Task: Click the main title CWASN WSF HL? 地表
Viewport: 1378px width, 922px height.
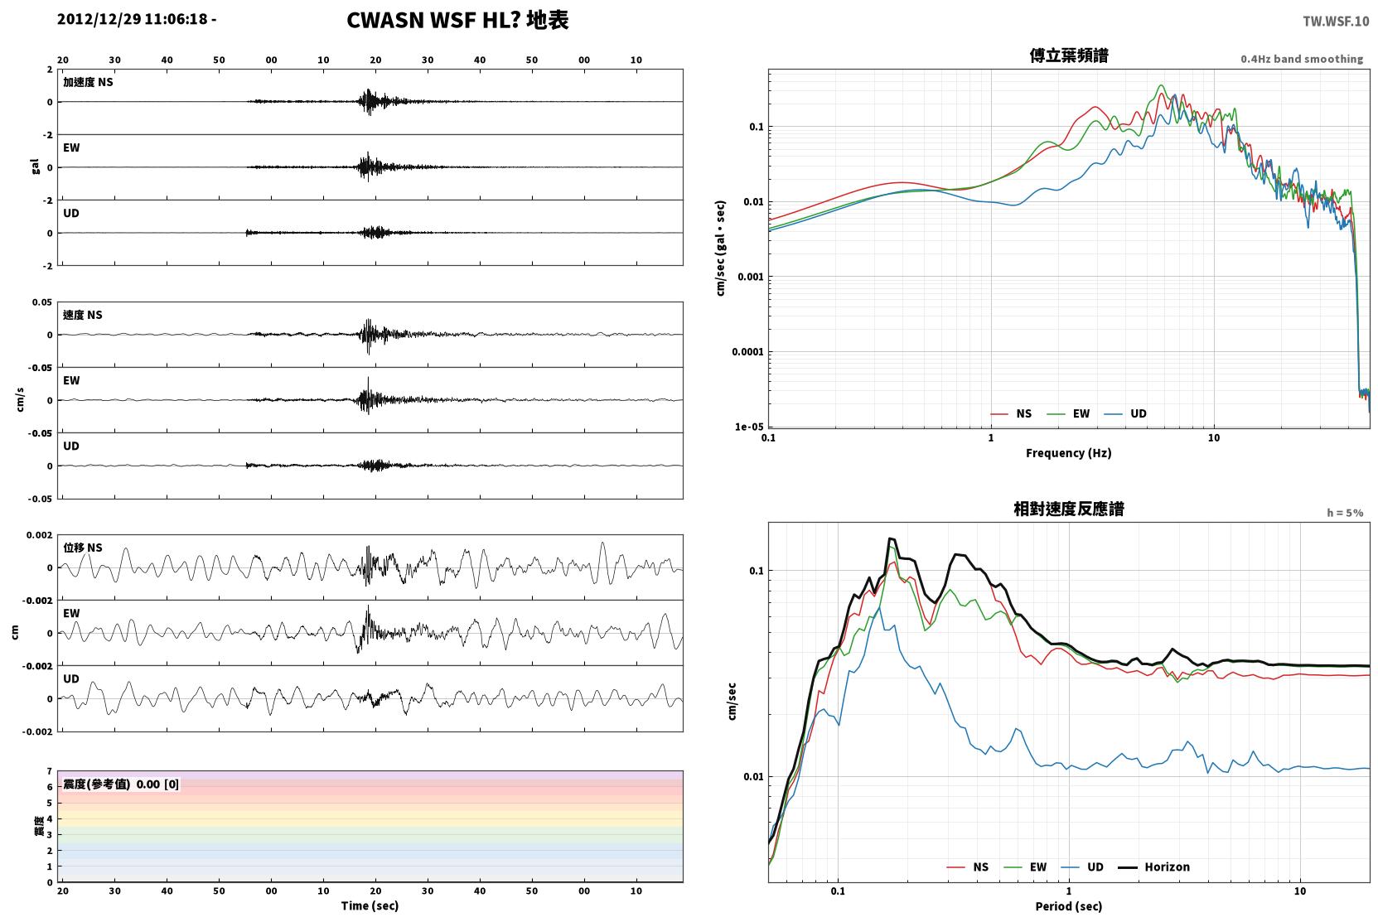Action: pyautogui.click(x=457, y=21)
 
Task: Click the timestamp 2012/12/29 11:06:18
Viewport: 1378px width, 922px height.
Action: pyautogui.click(x=133, y=19)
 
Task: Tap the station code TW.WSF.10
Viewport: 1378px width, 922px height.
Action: pyautogui.click(x=1336, y=22)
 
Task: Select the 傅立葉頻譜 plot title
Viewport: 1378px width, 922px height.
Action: pyautogui.click(x=1069, y=56)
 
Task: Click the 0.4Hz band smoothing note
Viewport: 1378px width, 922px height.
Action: pyautogui.click(x=1302, y=59)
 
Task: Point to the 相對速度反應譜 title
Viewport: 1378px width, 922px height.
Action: pyautogui.click(x=1069, y=509)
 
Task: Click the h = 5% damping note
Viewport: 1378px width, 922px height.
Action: pyautogui.click(x=1345, y=513)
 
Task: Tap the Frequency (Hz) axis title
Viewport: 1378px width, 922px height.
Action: pyautogui.click(x=1069, y=453)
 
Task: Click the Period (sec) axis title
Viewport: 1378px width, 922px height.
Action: pyautogui.click(x=1069, y=906)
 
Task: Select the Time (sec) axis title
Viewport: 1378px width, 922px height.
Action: pyautogui.click(x=370, y=906)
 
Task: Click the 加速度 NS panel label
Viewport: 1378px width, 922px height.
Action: pyautogui.click(x=88, y=82)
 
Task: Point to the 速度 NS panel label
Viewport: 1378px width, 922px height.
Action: pyautogui.click(x=82, y=316)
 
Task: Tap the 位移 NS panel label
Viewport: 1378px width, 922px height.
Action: pyautogui.click(x=82, y=548)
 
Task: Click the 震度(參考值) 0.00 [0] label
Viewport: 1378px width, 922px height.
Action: pyautogui.click(x=121, y=784)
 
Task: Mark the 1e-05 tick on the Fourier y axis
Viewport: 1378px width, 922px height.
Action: pyautogui.click(x=749, y=427)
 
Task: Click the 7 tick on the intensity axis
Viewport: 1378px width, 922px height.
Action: pyautogui.click(x=50, y=771)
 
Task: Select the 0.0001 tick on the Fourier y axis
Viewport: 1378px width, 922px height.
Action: pyautogui.click(x=747, y=352)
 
